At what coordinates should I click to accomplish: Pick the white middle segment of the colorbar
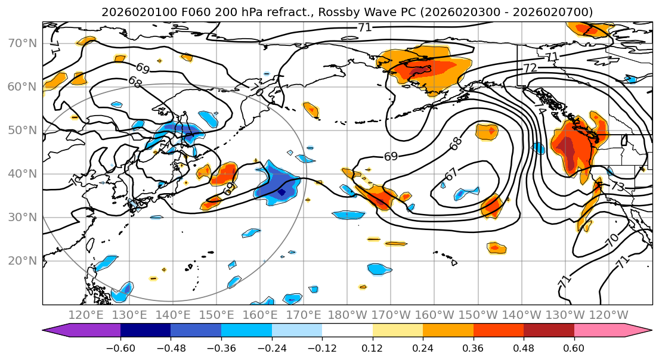[347, 331]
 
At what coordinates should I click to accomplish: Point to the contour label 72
[530, 68]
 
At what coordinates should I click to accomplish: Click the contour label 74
[540, 111]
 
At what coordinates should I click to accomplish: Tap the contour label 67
[452, 175]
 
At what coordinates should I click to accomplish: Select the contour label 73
[617, 187]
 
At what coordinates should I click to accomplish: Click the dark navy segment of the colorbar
[145, 331]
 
